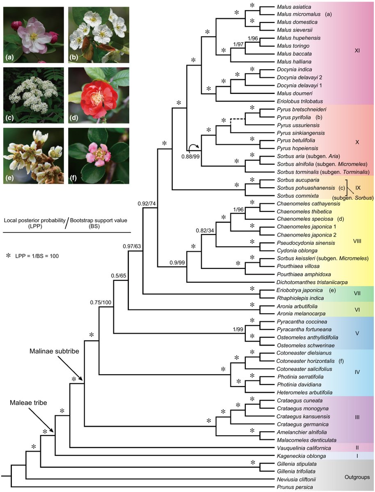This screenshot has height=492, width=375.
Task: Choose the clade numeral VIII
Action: click(357, 242)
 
